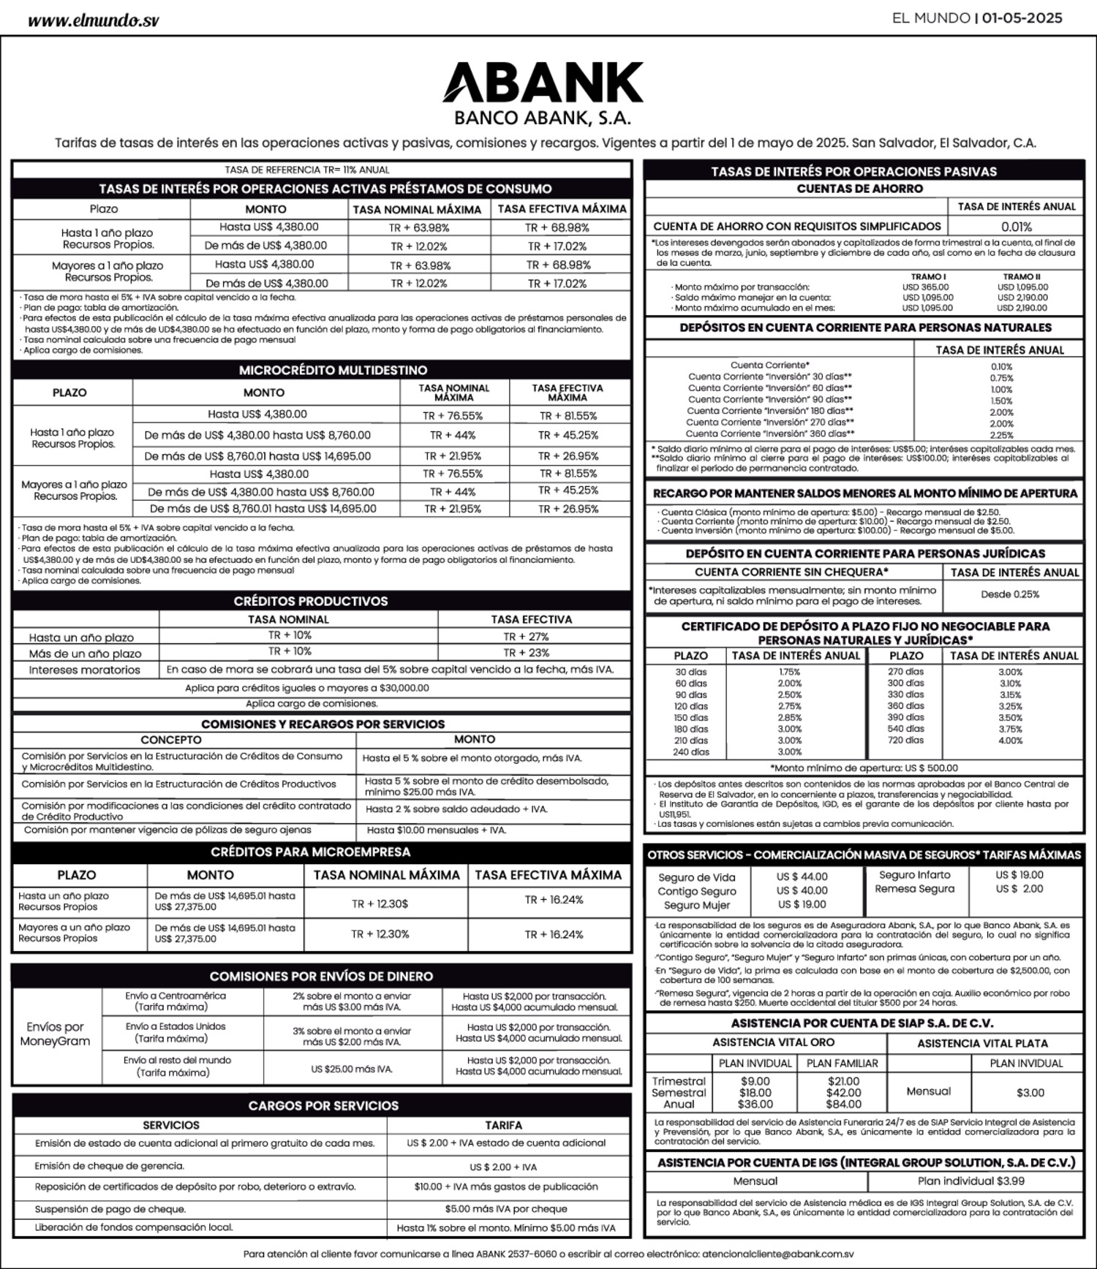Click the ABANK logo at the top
[543, 82]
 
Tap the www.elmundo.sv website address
[93, 20]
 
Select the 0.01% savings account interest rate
[1016, 227]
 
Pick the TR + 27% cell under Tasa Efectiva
[526, 636]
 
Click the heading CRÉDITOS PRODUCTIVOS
[311, 601]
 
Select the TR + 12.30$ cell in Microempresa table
[380, 904]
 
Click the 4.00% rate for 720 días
[1010, 740]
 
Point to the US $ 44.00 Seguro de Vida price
[802, 876]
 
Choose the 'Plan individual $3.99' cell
[970, 1181]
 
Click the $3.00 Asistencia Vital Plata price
[1030, 1092]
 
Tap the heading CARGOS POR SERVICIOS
[323, 1105]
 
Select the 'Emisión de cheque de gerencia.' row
[110, 1166]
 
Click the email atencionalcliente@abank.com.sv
[777, 1253]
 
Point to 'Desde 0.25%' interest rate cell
[1009, 594]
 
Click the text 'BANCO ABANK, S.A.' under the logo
[542, 118]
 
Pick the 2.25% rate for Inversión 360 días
[1001, 435]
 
